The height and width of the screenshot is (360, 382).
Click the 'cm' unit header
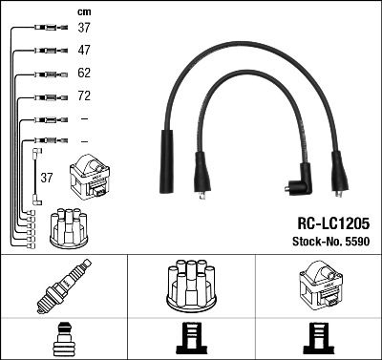(x=82, y=11)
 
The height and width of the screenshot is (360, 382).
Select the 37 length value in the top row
(x=84, y=28)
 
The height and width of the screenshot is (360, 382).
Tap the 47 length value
(x=84, y=50)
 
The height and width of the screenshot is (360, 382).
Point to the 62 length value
(x=84, y=73)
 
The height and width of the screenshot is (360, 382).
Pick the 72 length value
(x=84, y=96)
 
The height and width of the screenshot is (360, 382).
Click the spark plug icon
(x=63, y=286)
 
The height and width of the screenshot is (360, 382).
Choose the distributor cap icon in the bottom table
(x=190, y=286)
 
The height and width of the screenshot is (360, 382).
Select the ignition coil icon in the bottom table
(x=318, y=286)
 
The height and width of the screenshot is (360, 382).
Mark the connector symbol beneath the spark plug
(x=63, y=339)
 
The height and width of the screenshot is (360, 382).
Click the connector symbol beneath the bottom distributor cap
(x=190, y=339)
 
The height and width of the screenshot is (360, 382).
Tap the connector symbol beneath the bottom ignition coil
(x=318, y=339)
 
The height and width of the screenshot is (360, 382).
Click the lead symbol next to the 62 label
(x=48, y=74)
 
